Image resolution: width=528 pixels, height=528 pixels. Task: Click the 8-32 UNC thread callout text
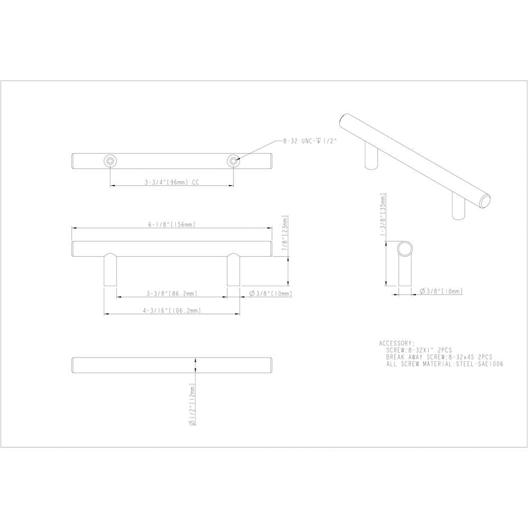coord(310,141)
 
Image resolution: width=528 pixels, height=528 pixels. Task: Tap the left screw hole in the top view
coord(110,161)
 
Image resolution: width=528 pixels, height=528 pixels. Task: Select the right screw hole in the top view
coord(233,161)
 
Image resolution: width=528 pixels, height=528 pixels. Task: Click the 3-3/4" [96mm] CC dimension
coord(172,182)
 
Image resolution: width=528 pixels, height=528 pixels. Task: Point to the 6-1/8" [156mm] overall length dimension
coord(172,225)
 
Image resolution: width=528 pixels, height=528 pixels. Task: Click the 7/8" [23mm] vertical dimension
coord(285,233)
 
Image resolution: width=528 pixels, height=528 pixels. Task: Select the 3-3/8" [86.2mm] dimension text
coord(172,294)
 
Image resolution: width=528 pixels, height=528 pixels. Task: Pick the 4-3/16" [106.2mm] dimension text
coord(172,311)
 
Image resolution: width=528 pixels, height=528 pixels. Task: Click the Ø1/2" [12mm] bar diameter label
coord(193,404)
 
